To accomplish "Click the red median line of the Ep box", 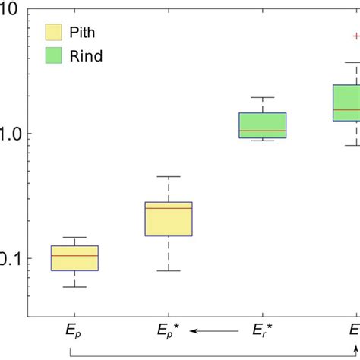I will coord(74,256).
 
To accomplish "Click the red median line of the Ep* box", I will coord(169,208).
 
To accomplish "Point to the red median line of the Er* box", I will coord(263,131).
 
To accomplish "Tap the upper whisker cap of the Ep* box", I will coord(169,176).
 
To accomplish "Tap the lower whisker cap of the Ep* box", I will coord(169,270).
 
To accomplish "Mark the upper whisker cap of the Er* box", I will coord(263,97).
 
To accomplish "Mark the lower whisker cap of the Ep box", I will coord(74,287).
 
